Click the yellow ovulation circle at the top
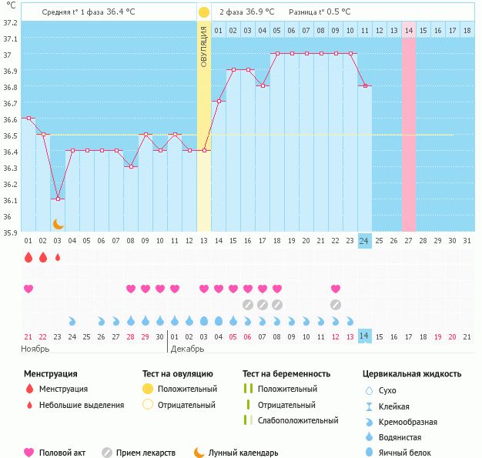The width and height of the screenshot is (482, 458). coord(203,12)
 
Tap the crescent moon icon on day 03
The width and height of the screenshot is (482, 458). coord(58,224)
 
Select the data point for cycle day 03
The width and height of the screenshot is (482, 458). coord(58,199)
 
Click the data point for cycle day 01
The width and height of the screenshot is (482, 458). coord(28,119)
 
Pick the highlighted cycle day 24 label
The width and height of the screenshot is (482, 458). coord(365,241)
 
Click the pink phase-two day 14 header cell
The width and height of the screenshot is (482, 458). coord(409,30)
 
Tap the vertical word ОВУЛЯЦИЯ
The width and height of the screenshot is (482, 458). coord(204,46)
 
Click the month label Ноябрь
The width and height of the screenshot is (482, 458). coord(35,349)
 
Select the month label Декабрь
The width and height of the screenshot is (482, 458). coord(187,349)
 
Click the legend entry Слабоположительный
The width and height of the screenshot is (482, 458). coord(298,420)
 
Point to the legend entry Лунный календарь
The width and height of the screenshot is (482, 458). coord(243,453)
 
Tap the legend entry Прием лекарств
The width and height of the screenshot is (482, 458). coord(146,453)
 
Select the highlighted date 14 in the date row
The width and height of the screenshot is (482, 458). coord(365,336)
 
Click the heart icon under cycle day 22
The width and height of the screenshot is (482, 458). coord(336,289)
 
